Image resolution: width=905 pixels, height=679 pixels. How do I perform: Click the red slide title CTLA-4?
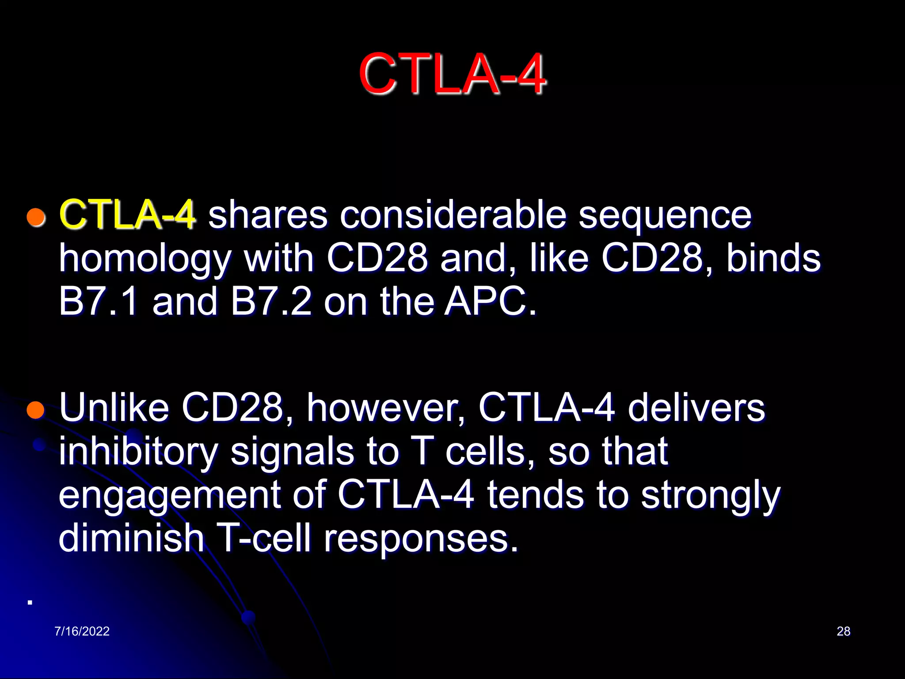(452, 74)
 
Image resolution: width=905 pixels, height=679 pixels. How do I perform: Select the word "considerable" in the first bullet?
(453, 215)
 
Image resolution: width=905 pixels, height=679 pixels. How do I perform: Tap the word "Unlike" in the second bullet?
(114, 407)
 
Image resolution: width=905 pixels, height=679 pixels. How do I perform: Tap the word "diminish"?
(131, 538)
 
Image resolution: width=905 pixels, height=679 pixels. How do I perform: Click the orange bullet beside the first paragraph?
(36, 217)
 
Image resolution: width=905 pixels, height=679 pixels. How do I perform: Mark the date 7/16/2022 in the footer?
(82, 631)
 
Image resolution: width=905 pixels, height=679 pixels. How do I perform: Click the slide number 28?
(843, 631)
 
